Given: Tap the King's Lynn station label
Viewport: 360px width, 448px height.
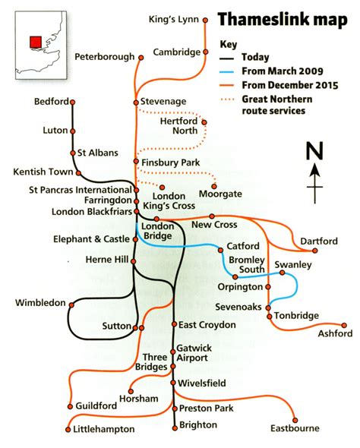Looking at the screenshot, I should point(174,18).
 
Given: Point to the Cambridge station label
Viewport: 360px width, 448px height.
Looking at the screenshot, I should point(175,52).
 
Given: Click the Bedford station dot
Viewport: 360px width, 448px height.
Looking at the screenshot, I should point(73,101).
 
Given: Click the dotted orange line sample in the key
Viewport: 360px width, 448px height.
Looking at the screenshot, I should point(227,99).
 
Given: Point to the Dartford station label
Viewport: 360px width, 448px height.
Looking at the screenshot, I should point(317,241).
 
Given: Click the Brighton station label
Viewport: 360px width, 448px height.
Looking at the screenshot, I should point(199,425).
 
